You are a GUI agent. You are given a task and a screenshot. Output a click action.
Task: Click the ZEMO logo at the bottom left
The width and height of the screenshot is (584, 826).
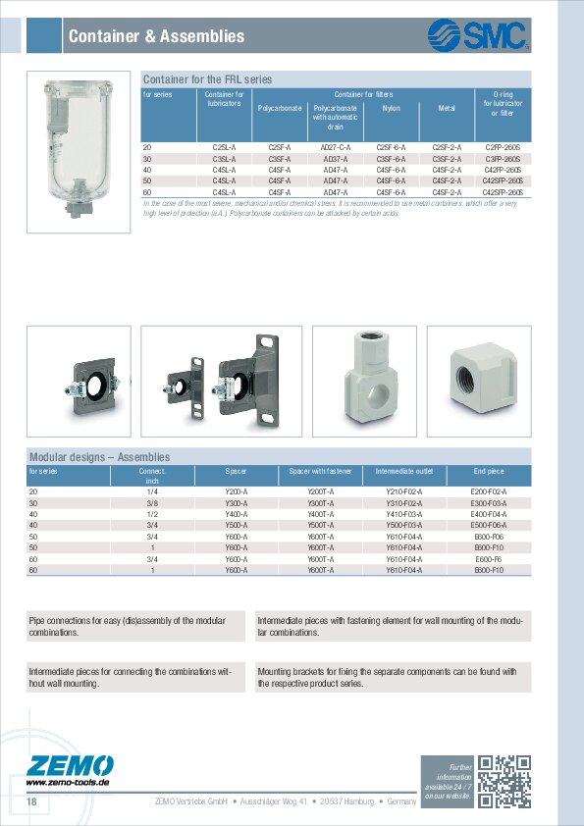pos(71,765)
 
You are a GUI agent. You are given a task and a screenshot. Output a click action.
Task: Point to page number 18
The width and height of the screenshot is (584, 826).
pos(32,802)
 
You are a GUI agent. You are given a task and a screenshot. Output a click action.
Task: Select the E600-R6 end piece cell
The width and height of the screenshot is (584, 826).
pos(488,558)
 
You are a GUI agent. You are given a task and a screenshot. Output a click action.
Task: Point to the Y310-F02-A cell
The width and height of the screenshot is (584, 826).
pos(403,502)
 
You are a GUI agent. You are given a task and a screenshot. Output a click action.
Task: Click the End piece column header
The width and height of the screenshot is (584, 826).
pos(488,471)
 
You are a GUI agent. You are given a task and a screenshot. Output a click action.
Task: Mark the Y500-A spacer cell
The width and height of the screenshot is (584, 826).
pos(237,525)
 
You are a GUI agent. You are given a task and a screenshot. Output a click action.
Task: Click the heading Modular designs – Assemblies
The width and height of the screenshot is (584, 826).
pos(99,457)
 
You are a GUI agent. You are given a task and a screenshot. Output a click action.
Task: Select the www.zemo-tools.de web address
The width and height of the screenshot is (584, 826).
pos(67,783)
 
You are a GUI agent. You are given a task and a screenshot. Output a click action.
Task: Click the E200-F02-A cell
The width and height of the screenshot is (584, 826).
pos(489,490)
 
